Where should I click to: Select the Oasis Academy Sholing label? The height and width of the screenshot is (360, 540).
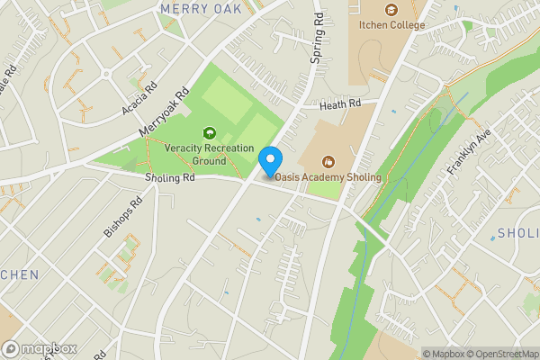328,177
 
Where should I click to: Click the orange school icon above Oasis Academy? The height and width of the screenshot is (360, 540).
328,161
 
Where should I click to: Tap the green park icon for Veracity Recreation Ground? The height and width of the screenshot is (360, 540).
211,134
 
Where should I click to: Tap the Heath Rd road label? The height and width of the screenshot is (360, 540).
342,104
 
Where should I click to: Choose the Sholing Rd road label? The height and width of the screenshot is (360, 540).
170,177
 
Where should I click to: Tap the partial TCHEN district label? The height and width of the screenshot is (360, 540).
18,274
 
